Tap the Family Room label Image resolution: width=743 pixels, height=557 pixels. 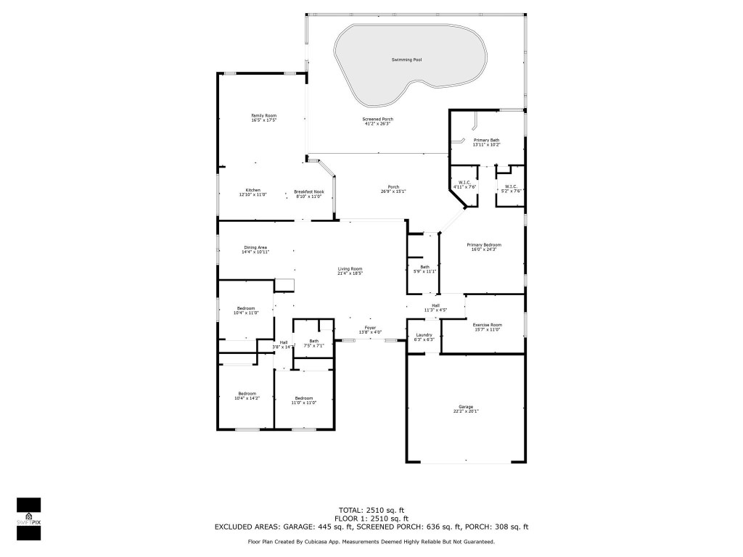(263, 116)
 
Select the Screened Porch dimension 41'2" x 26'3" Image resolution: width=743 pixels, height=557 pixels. (377, 124)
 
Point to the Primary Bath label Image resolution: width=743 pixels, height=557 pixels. (486, 139)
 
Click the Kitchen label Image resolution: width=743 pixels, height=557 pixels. (253, 190)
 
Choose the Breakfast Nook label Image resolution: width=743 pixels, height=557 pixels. (308, 191)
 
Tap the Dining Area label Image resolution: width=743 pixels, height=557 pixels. (255, 247)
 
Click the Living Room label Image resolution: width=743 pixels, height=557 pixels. (350, 269)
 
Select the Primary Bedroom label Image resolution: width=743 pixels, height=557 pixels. (483, 245)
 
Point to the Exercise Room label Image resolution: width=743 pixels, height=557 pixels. (487, 325)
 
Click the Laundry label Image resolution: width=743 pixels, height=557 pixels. (424, 334)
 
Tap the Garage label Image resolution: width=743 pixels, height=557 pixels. (465, 407)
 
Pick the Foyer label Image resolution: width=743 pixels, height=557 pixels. (370, 328)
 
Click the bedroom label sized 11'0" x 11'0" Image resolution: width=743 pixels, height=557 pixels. (303, 398)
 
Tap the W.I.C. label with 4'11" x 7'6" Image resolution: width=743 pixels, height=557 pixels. (464, 182)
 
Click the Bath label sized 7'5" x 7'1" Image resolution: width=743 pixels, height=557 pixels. (313, 341)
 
